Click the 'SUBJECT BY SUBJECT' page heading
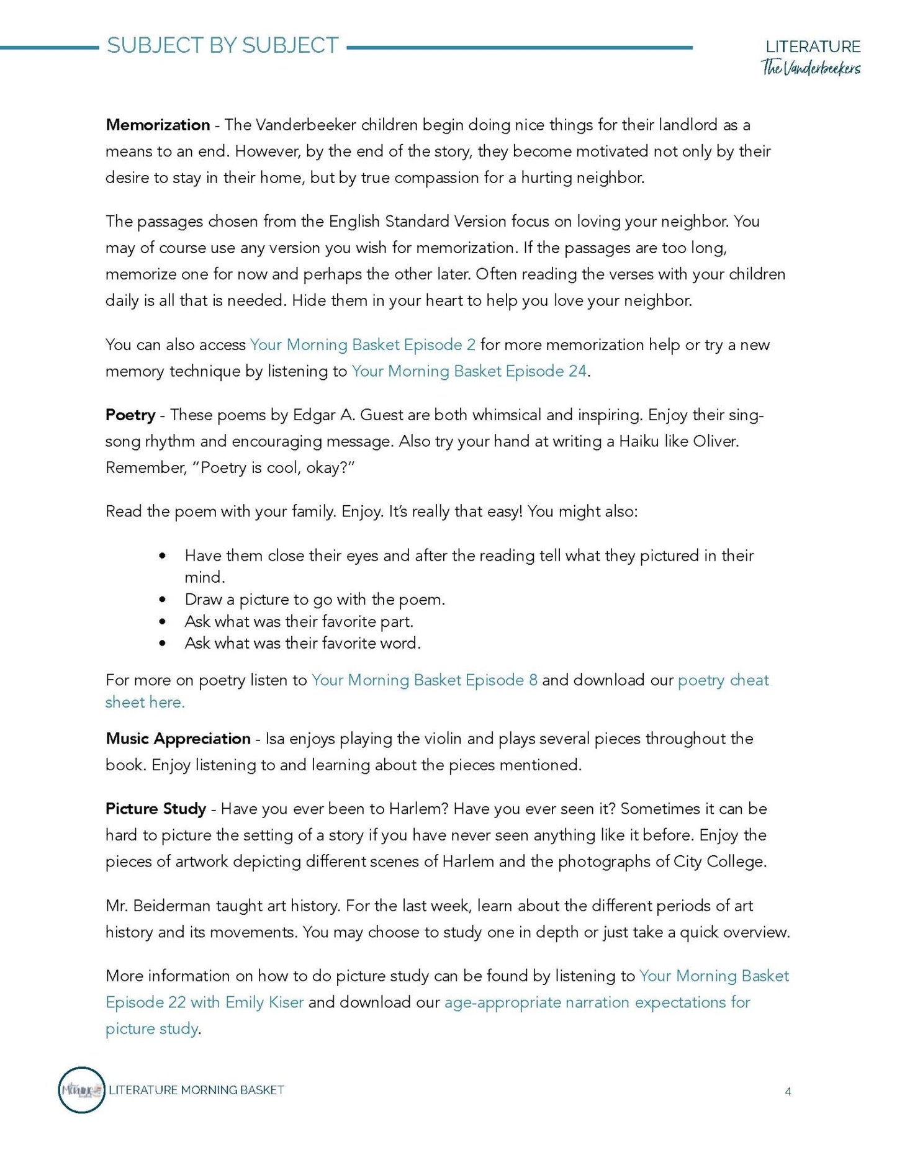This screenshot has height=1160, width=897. point(222,46)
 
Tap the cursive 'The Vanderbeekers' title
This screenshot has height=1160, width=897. point(811,68)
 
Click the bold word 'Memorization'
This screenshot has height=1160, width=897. point(158,125)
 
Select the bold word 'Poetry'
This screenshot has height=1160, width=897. point(130,415)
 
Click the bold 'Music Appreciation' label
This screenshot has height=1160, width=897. point(178,739)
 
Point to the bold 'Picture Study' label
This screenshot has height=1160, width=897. point(156,809)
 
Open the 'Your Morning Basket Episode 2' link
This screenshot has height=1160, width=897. point(363,345)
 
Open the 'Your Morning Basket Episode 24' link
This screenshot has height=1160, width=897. point(469,371)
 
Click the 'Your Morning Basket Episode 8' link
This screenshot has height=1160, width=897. point(424,680)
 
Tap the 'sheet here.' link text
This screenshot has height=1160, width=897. point(145,703)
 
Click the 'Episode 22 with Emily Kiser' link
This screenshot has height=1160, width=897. point(204,1002)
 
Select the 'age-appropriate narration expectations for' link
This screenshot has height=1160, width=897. point(597,1002)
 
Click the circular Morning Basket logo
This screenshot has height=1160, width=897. point(81,1090)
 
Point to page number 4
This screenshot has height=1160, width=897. point(788,1092)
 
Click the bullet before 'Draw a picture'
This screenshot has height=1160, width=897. point(163,600)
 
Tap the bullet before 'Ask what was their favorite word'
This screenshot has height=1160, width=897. point(163,644)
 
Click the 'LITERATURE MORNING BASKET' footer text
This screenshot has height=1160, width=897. point(196,1090)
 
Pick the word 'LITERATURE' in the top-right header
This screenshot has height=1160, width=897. point(813,47)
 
